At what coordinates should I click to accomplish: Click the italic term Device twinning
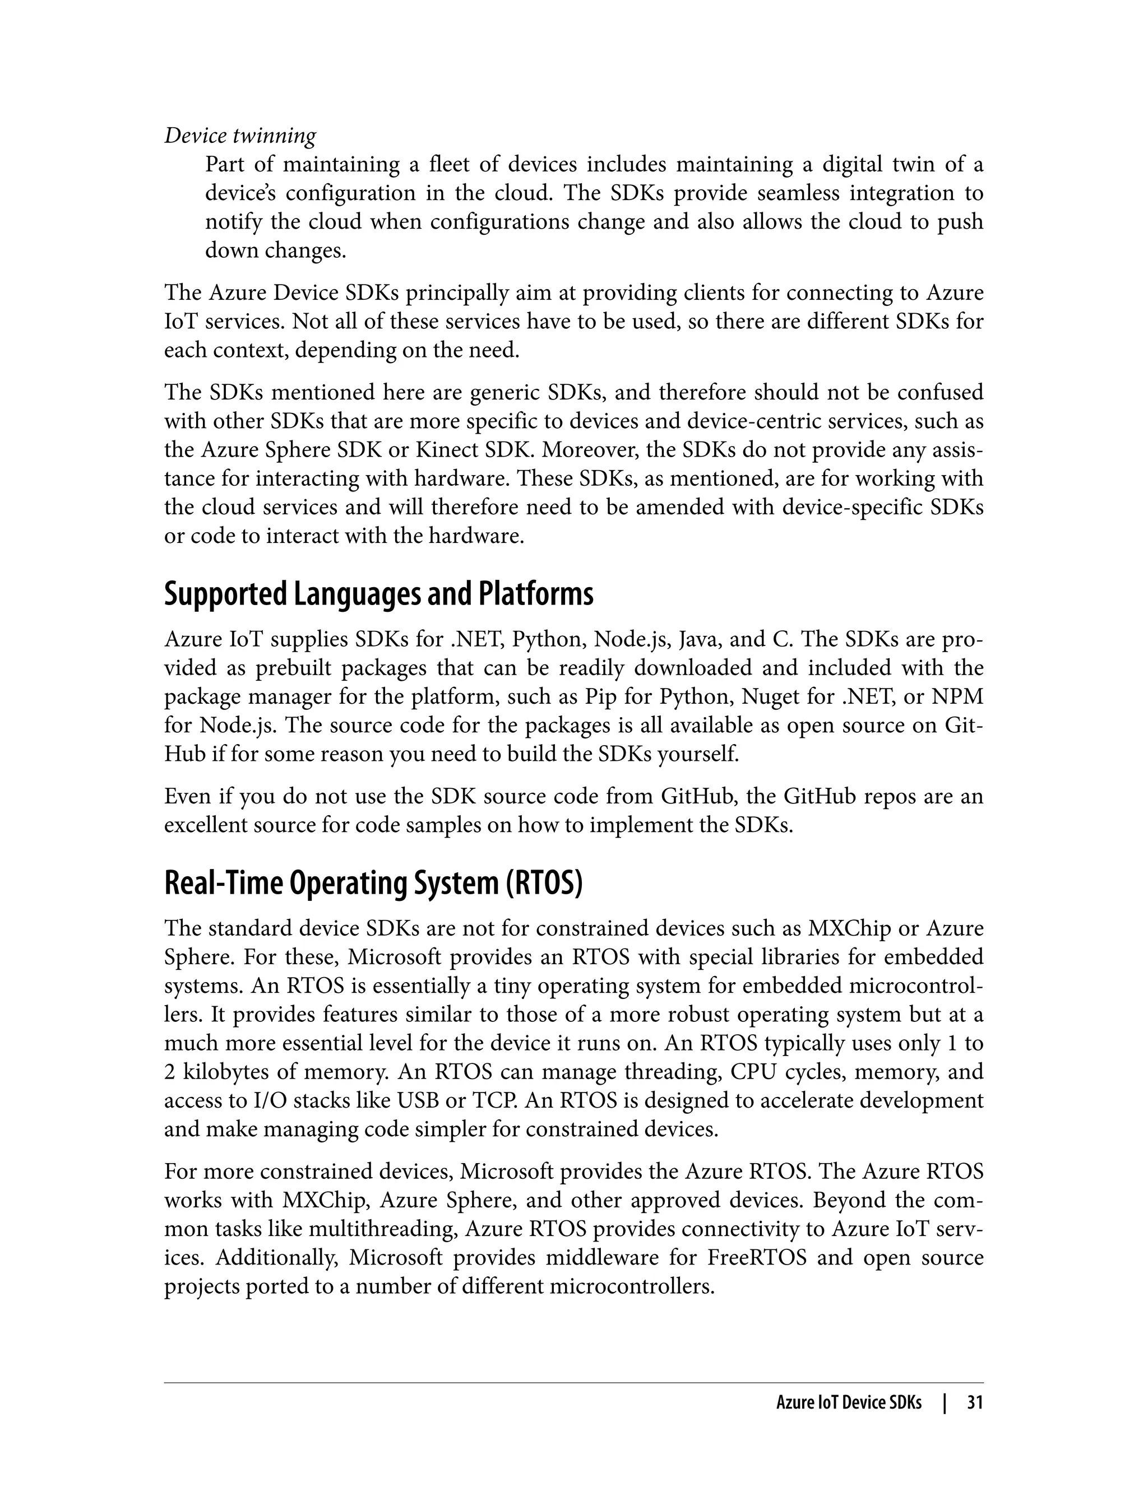point(240,136)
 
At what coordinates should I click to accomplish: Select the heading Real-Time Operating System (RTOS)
point(373,883)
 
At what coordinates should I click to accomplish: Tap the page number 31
point(974,1403)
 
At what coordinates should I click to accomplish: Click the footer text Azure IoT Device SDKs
point(849,1403)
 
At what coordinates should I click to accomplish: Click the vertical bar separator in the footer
point(945,1403)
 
